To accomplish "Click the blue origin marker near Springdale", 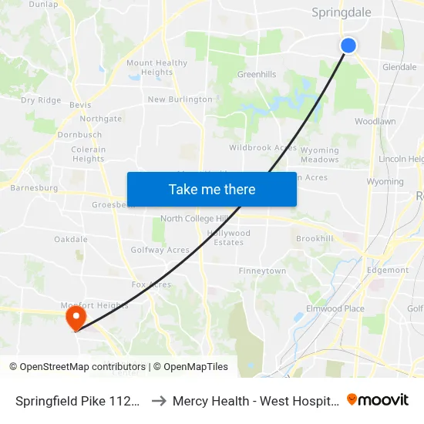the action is [x=348, y=45].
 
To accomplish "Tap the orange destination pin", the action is [x=76, y=317].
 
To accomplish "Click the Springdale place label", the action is [x=341, y=12].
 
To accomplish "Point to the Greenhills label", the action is [x=257, y=75].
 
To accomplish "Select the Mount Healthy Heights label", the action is [x=156, y=68].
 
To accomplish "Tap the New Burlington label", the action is [x=180, y=99].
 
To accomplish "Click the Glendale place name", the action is [x=399, y=67].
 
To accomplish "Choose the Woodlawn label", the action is [x=375, y=122].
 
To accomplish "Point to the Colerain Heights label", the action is [x=88, y=154].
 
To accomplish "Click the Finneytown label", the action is [x=262, y=271].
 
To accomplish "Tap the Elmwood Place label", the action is [x=335, y=309].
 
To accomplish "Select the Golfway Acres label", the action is [x=160, y=250].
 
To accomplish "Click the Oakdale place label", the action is [x=71, y=240].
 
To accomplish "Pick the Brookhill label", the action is [x=315, y=239].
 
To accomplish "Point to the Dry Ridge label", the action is [x=41, y=100].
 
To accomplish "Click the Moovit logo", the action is [x=378, y=400].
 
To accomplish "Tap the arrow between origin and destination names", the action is [x=157, y=401].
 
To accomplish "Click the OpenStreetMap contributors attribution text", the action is [x=77, y=367].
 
